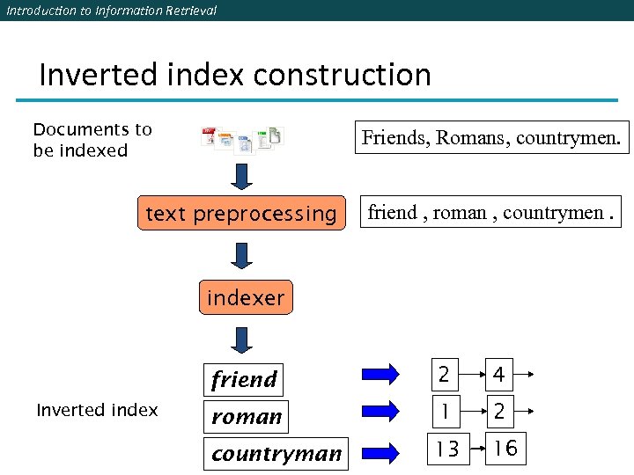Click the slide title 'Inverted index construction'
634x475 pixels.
coord(235,75)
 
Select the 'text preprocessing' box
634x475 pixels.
coord(241,214)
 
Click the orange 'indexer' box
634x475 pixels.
coord(246,298)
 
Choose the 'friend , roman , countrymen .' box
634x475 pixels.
coord(490,212)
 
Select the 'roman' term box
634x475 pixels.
coord(247,416)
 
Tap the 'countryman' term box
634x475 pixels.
coord(276,453)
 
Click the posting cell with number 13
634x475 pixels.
coord(447,449)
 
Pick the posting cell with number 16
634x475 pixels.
coord(505,449)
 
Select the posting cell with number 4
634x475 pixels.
coord(498,376)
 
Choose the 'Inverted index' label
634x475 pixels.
coord(97,410)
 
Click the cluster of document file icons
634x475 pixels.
coord(242,138)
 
